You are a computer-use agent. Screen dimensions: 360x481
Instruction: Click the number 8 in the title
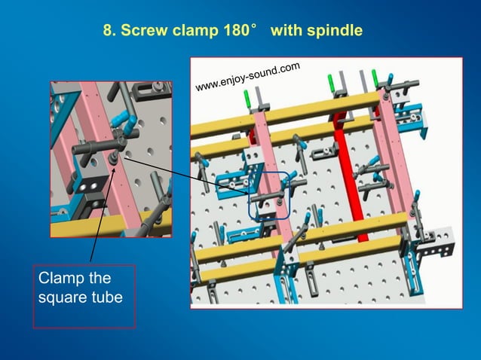click(x=107, y=32)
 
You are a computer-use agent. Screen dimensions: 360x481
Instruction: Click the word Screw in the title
click(x=141, y=32)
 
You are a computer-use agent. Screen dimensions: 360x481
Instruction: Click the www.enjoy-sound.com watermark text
click(x=247, y=78)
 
